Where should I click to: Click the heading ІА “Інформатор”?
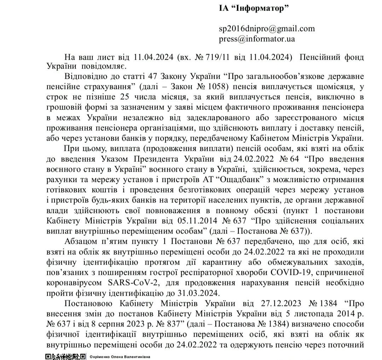254,8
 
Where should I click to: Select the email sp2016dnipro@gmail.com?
267,29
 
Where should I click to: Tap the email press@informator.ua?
257,39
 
